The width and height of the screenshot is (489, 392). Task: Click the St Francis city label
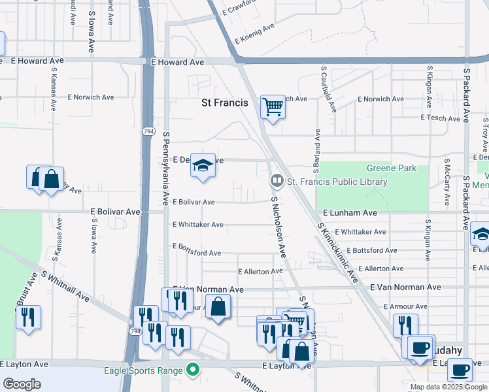pos(224,103)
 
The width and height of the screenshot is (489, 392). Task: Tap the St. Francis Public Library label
pos(337,182)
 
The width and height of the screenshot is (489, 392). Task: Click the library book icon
pos(277,180)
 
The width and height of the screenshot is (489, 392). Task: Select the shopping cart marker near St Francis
pos(273,106)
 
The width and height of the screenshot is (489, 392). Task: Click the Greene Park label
pos(391,168)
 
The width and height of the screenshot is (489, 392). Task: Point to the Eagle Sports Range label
pos(144,370)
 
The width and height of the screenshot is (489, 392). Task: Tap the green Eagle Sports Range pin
pos(192,370)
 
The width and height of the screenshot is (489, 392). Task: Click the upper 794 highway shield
pos(148,131)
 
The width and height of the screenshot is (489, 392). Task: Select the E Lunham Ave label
pos(350,213)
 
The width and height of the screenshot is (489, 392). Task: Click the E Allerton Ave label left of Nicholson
pos(260,271)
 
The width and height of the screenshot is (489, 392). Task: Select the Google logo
pos(22,384)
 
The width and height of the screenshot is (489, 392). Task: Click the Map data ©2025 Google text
pos(448,387)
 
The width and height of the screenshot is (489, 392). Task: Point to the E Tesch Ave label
pos(441,118)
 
